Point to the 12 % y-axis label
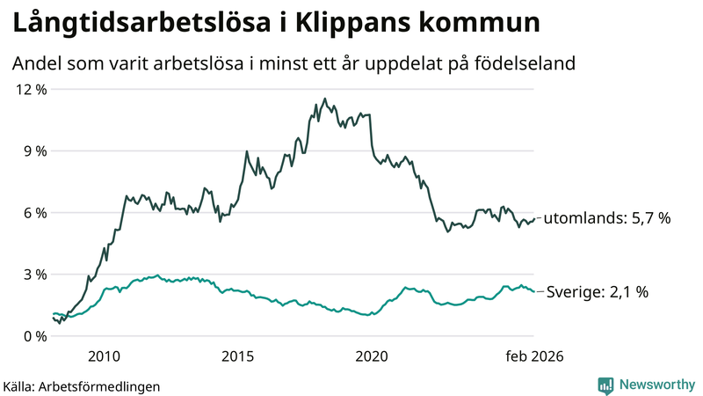pos(28,89)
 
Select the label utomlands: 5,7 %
pos(607,217)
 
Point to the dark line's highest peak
pos(325,99)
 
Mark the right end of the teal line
pos(533,291)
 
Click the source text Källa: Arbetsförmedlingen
pos(82,385)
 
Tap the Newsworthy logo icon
pos(605,385)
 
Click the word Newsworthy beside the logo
pos(656,385)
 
